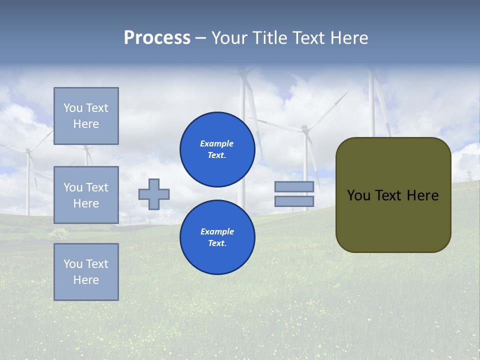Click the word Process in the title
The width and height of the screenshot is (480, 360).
157,38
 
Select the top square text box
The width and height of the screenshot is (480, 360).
86,116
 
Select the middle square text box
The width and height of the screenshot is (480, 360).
86,195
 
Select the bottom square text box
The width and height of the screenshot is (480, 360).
86,272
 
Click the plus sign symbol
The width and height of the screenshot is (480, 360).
154,194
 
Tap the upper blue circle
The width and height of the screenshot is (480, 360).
217,149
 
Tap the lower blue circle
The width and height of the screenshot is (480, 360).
217,237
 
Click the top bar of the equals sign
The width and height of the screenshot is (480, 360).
294,186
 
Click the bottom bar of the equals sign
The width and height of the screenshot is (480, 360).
294,201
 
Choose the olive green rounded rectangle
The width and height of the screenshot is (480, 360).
393,220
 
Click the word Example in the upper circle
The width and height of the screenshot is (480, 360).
217,143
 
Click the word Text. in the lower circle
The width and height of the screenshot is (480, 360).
217,243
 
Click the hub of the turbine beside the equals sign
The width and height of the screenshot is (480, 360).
305,129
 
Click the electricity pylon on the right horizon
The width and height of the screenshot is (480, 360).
469,175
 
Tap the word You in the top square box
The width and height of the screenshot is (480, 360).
73,108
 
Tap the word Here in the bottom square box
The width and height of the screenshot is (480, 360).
86,280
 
